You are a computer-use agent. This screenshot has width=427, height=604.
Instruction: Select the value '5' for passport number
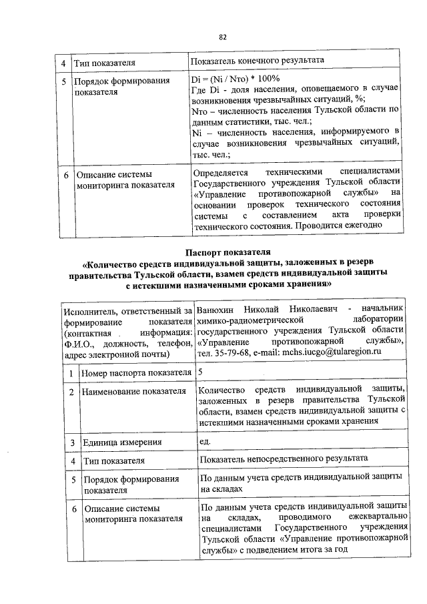tap(201, 371)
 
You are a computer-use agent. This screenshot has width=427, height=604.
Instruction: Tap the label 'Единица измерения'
tap(123, 442)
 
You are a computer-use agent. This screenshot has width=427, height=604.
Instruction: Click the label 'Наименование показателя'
tap(133, 390)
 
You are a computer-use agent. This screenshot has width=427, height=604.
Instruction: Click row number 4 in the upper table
tap(63, 62)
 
